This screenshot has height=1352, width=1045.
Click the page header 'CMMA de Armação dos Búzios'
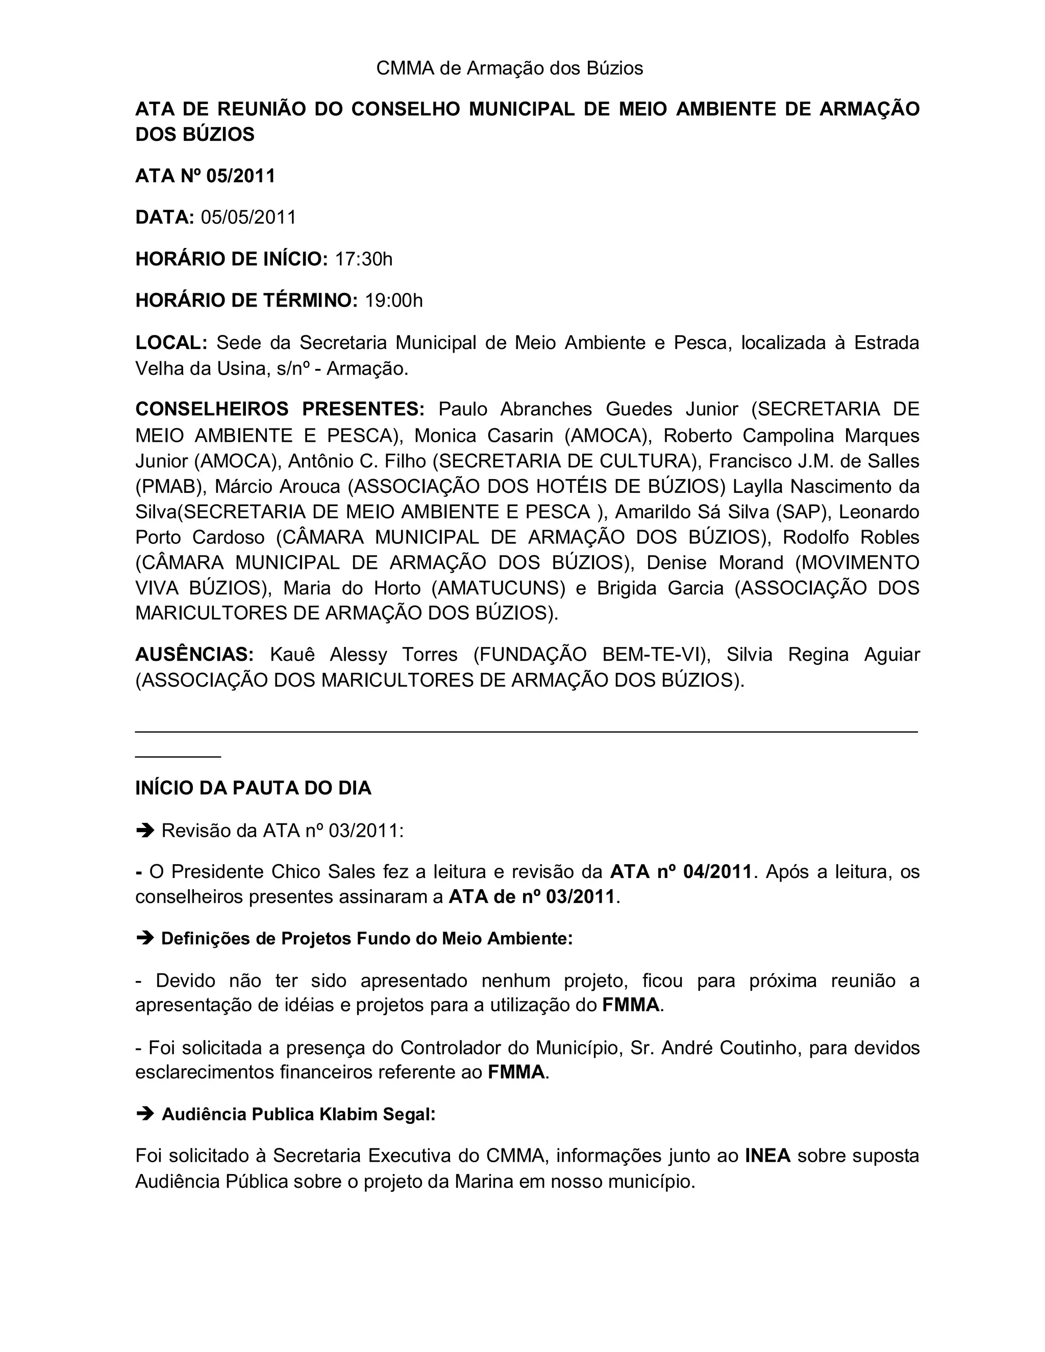[x=510, y=68]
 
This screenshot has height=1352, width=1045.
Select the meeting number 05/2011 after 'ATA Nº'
[x=240, y=177]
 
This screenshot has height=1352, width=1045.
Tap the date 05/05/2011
[x=248, y=217]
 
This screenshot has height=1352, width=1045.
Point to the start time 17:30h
[x=363, y=259]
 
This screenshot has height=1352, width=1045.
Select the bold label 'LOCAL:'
[x=171, y=342]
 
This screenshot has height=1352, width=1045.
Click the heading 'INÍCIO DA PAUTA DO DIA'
[x=253, y=788]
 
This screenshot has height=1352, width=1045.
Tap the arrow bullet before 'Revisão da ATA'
[x=145, y=830]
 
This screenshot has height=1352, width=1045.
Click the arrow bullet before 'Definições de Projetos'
[x=145, y=938]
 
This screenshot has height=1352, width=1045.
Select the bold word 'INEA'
[x=767, y=1156]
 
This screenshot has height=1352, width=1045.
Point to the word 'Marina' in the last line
[x=484, y=1181]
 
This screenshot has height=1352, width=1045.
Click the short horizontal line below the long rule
[x=178, y=757]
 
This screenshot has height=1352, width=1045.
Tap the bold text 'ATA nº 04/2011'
[x=681, y=871]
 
